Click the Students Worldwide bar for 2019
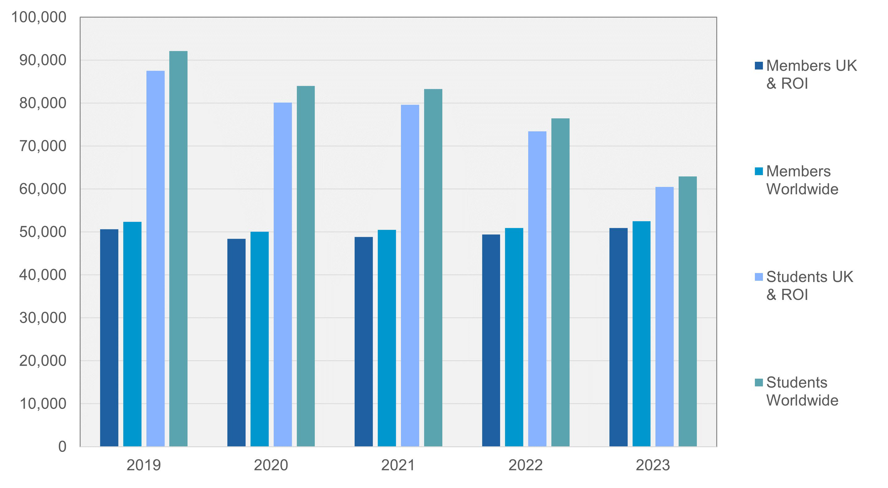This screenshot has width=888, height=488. [x=178, y=248]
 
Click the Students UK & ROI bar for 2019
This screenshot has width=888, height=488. [x=155, y=259]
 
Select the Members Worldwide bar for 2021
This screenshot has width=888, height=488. [x=386, y=338]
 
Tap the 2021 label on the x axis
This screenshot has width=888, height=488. [x=398, y=465]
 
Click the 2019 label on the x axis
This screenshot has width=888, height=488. [x=143, y=465]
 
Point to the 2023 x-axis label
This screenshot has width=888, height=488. [x=653, y=465]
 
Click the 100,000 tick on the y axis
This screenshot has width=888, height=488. [x=39, y=17]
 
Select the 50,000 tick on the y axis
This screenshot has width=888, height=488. [x=42, y=232]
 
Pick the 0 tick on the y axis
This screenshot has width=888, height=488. [x=62, y=447]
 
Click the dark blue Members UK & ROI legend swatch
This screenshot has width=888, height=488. [x=758, y=65]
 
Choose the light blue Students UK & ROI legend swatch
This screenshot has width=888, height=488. [x=758, y=277]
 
